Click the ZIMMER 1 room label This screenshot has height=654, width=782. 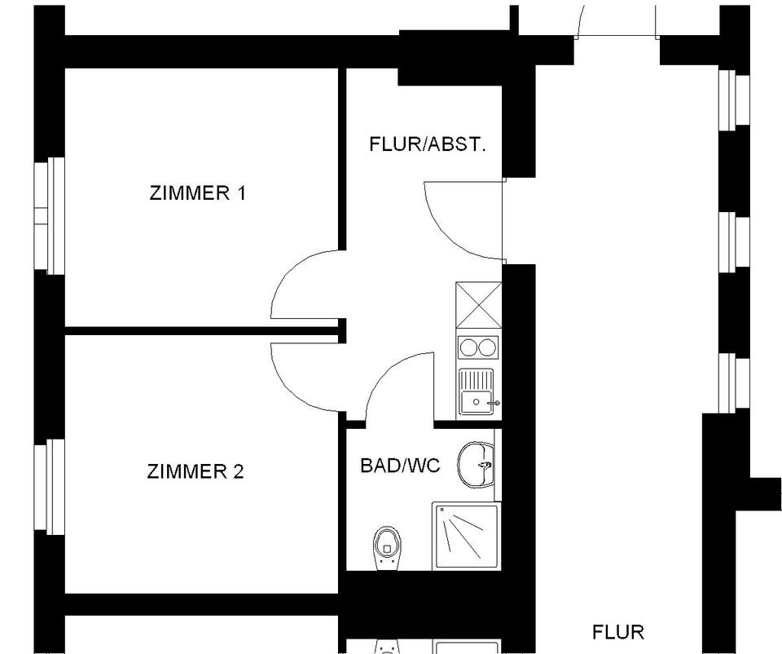197,193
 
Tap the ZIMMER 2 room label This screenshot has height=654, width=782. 195,471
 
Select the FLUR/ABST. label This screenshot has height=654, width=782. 428,145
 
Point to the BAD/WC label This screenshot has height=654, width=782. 400,466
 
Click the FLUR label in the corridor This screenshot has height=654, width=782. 618,632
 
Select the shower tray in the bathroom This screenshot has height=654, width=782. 465,536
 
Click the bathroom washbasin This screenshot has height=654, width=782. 477,464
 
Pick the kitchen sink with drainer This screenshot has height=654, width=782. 477,391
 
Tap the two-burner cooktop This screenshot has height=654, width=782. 477,347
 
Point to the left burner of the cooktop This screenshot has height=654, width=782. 468,347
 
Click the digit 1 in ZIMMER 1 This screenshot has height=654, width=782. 240,193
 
